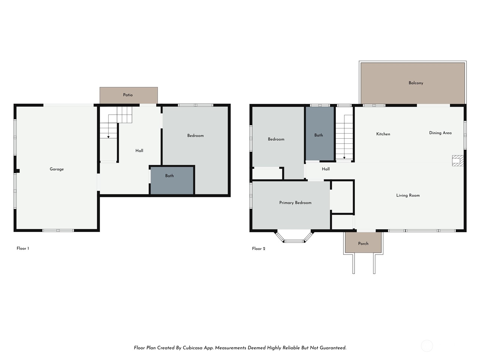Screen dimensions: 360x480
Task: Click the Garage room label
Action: coord(57,169)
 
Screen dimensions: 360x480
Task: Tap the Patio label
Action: coord(128,95)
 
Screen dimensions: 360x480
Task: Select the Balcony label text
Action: coord(416,83)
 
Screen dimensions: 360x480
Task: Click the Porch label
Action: coord(363,244)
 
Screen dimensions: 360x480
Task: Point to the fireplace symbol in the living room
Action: coord(458,160)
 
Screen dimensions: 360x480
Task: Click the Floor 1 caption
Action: coord(23,248)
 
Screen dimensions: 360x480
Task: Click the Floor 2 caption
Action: coord(259,249)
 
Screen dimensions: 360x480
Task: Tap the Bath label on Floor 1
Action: coord(169,176)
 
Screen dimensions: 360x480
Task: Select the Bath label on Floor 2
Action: coord(319,135)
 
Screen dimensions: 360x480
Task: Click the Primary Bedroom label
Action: coord(295,203)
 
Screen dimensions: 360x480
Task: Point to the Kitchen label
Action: coord(383,134)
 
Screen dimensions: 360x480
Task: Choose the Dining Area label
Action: coord(440,133)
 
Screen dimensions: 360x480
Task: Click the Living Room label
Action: coord(408,195)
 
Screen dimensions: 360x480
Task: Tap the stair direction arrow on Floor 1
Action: coord(108,137)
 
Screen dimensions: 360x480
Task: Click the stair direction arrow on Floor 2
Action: coord(344,157)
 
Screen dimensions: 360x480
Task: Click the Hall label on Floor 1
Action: coord(139,151)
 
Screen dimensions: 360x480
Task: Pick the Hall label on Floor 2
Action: coord(326,169)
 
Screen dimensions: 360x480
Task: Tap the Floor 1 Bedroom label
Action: coord(195,136)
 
